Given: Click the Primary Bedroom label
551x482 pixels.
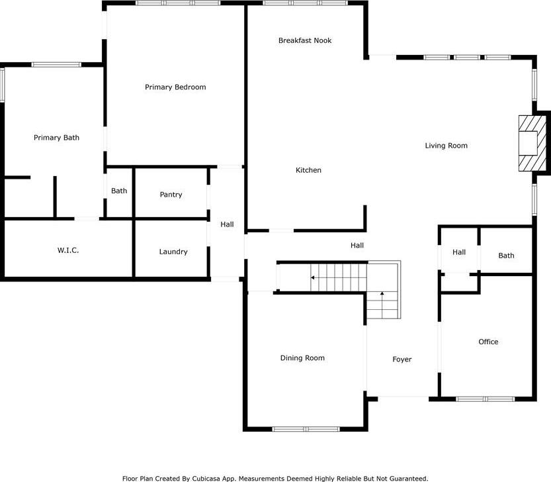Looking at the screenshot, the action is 175,87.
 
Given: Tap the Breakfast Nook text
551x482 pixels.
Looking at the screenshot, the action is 305,40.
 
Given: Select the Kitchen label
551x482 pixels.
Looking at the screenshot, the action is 308,170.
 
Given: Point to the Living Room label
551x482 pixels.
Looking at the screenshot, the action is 446,146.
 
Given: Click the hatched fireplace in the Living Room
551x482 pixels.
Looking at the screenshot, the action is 532,144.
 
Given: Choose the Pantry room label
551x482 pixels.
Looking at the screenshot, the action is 171,195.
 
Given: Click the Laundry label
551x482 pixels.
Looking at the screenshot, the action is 173,252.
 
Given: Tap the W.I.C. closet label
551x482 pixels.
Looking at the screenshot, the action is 68,250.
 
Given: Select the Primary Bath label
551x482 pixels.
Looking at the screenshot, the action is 57,138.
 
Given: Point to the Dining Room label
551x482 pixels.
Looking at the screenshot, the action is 302,358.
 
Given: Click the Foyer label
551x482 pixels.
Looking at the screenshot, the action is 402,360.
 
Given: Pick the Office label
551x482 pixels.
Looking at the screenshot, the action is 488,342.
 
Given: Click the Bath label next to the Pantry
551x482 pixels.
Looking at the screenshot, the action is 119,191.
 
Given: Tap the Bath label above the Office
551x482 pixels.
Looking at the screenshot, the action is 507,256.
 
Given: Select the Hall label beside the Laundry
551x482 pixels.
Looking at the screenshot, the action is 227,224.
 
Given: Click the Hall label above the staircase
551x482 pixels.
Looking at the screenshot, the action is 357,245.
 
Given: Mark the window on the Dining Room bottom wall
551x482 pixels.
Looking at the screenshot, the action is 306,429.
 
